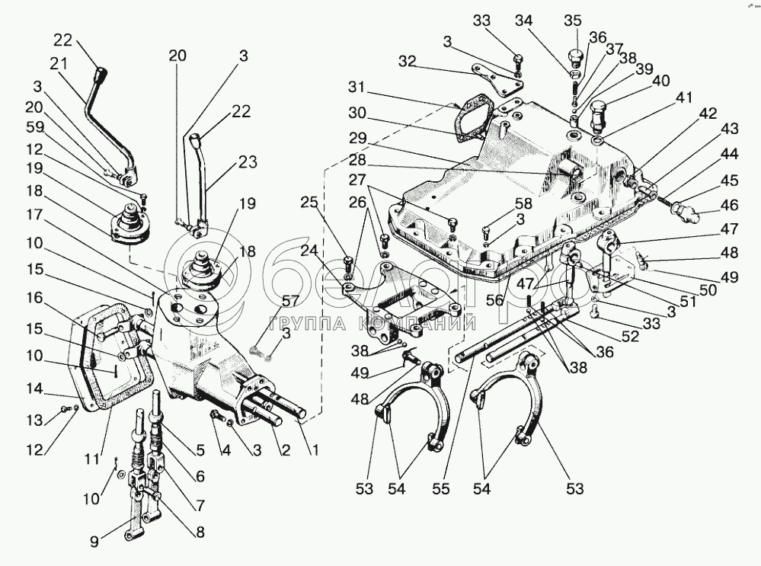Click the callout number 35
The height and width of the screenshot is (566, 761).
tap(573, 21)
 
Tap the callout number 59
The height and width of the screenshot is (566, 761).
tap(35, 127)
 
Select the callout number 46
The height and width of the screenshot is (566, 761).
tap(730, 204)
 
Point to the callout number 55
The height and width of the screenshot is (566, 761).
tap(442, 488)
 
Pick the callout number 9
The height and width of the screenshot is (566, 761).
tap(94, 540)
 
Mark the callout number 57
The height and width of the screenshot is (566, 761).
tap(291, 301)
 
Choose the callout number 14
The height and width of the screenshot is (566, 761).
tap(35, 389)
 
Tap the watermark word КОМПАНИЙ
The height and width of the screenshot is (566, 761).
tap(417, 323)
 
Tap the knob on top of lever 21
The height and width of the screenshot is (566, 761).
tap(101, 75)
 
